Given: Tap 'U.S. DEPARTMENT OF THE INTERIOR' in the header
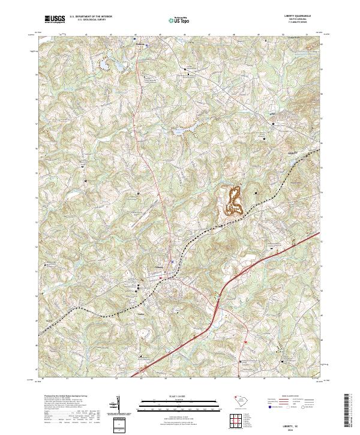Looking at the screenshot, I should (90, 17).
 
